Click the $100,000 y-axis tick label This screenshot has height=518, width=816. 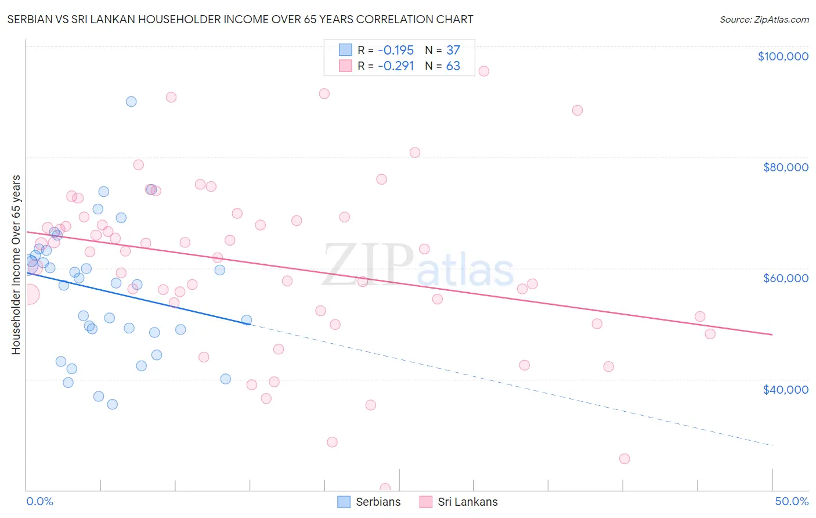pos(782,56)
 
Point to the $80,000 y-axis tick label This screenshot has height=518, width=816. pos(785,167)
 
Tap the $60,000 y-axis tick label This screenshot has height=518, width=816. pos(785,278)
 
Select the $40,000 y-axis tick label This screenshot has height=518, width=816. pos(785,390)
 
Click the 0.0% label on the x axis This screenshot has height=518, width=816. pos(39,501)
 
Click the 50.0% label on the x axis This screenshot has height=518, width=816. pos(791,501)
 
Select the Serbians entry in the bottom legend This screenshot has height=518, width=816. pos(369,502)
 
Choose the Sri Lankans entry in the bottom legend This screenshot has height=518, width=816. pos(458,502)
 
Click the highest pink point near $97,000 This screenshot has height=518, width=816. pos(483,71)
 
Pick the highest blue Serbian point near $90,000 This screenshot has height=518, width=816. pos(131,102)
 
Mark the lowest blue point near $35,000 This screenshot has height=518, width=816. pos(113,404)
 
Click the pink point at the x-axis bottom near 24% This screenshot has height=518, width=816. pos(385,488)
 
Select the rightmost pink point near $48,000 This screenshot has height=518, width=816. pos(710,334)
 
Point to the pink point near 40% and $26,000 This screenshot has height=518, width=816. pos(624,459)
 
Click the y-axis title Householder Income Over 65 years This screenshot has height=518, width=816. pos(16,265)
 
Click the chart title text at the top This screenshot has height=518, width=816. pos(240,19)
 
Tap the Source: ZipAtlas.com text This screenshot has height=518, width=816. pos(764,19)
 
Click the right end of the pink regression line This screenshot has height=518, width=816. pos(772,334)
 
